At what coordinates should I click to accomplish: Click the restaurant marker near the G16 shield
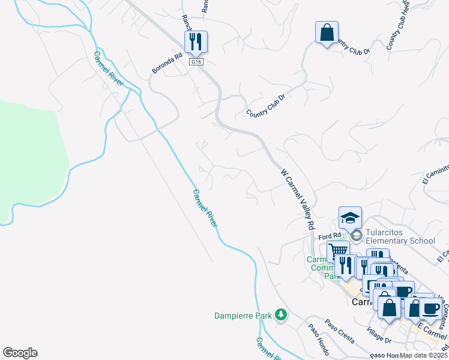[x=196, y=41]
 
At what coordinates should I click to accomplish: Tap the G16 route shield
[x=196, y=62]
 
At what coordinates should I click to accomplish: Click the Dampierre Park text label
[x=244, y=315]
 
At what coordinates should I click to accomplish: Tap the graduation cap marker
[x=350, y=217]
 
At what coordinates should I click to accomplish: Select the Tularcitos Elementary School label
[x=400, y=236]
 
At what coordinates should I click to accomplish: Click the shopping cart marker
[x=338, y=251]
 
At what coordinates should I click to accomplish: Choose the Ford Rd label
[x=330, y=236]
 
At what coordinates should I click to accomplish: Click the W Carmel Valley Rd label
[x=298, y=198]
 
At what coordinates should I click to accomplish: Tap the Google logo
[x=20, y=353]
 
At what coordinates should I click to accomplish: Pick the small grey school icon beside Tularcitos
[x=357, y=236]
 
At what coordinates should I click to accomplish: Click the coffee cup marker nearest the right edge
[x=430, y=308]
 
